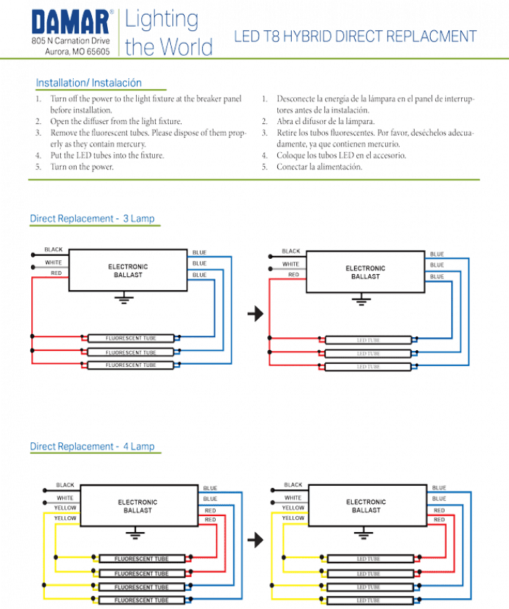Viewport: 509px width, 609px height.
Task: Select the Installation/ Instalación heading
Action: [x=88, y=83]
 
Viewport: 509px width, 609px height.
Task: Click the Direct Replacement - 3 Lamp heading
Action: [x=92, y=217]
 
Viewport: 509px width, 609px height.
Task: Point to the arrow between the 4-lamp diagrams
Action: [x=253, y=541]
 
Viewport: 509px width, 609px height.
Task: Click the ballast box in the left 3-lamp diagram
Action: [x=128, y=271]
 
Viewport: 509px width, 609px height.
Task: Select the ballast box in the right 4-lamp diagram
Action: [x=366, y=505]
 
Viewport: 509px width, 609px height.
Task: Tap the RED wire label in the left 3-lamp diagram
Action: [x=56, y=273]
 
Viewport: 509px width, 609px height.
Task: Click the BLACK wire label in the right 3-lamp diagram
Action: [x=293, y=252]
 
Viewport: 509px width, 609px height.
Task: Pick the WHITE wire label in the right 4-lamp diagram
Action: [x=293, y=497]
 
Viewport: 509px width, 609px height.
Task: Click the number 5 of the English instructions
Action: [x=38, y=167]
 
